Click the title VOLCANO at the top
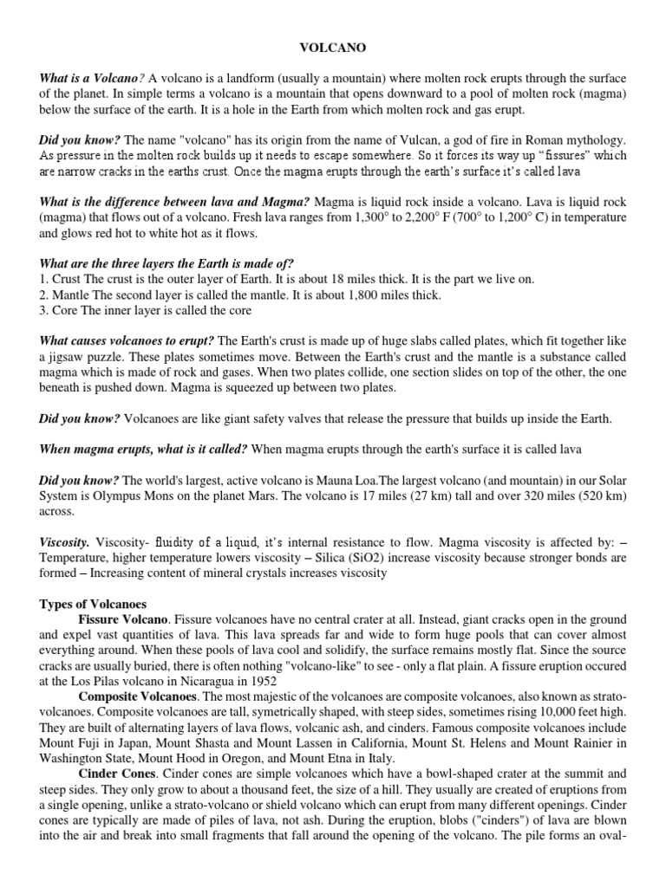(333, 51)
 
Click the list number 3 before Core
(42, 310)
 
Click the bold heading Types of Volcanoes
(93, 603)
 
